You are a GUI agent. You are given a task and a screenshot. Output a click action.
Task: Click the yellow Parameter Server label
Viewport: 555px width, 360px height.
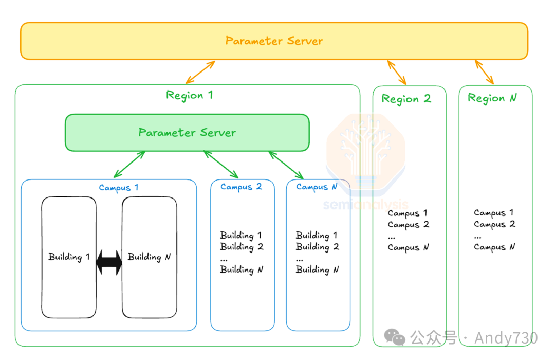[x=274, y=41]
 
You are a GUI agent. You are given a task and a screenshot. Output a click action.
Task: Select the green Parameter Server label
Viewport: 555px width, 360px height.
[x=187, y=133]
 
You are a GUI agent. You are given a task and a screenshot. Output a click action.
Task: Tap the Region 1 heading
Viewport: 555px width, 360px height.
[x=189, y=95]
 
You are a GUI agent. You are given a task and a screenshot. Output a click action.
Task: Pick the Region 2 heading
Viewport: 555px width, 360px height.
[x=406, y=99]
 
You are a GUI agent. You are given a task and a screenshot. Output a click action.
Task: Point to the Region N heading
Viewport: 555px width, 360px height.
[x=492, y=98]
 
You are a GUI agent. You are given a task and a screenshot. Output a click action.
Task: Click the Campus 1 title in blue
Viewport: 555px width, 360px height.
[x=118, y=188]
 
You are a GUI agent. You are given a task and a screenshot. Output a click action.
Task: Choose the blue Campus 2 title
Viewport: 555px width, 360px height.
[x=241, y=187]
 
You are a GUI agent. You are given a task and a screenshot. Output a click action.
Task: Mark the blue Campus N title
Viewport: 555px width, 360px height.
[x=317, y=187]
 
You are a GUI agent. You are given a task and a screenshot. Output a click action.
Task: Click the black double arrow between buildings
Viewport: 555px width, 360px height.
[x=109, y=263]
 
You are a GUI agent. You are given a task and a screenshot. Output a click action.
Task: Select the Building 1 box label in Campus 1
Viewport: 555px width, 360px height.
[x=69, y=257]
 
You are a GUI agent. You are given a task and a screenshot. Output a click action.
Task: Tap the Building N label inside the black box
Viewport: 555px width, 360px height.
[x=149, y=257]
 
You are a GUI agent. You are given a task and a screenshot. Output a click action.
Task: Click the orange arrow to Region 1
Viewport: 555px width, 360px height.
[x=200, y=72]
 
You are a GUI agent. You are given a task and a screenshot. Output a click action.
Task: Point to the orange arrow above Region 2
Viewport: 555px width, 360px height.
[x=397, y=73]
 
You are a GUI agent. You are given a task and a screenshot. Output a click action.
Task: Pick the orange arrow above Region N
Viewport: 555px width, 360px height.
[x=484, y=72]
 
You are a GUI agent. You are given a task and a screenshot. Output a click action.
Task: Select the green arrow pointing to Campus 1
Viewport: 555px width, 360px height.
[x=129, y=165]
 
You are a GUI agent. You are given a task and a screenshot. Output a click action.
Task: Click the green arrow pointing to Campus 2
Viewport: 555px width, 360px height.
[x=221, y=165]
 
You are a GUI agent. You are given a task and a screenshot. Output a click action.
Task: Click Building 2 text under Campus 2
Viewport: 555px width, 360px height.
[x=242, y=247]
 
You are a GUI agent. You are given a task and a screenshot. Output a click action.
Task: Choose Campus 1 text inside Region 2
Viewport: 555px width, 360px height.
[x=408, y=213]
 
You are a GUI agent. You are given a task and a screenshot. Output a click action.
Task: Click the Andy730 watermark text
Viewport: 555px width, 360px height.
[x=506, y=338]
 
